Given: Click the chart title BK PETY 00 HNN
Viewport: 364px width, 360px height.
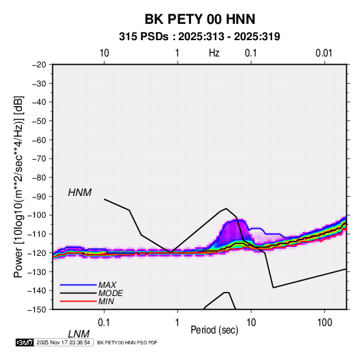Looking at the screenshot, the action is (200, 19).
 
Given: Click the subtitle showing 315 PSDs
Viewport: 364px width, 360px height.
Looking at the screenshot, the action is (199, 37).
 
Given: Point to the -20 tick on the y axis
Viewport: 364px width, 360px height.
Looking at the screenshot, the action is (39, 65).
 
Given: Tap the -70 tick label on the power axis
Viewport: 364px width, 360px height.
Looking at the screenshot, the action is (39, 159).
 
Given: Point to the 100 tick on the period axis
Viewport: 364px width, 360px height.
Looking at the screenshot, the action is (325, 323).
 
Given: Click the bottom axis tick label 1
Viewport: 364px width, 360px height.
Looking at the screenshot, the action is (178, 323).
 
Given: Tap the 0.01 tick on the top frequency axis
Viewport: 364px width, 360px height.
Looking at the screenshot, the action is (324, 53).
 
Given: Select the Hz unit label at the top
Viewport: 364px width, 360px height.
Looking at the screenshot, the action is (214, 53).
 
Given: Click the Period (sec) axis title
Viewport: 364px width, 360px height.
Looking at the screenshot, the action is (214, 330).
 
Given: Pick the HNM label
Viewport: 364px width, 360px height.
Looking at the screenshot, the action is (80, 193).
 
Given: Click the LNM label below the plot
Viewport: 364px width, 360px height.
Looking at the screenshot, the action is (78, 334).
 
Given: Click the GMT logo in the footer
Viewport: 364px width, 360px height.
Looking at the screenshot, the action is (24, 342).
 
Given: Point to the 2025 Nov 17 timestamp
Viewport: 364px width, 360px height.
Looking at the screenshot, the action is (63, 342).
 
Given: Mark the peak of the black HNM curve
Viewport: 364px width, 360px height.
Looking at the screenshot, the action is (227, 208).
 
